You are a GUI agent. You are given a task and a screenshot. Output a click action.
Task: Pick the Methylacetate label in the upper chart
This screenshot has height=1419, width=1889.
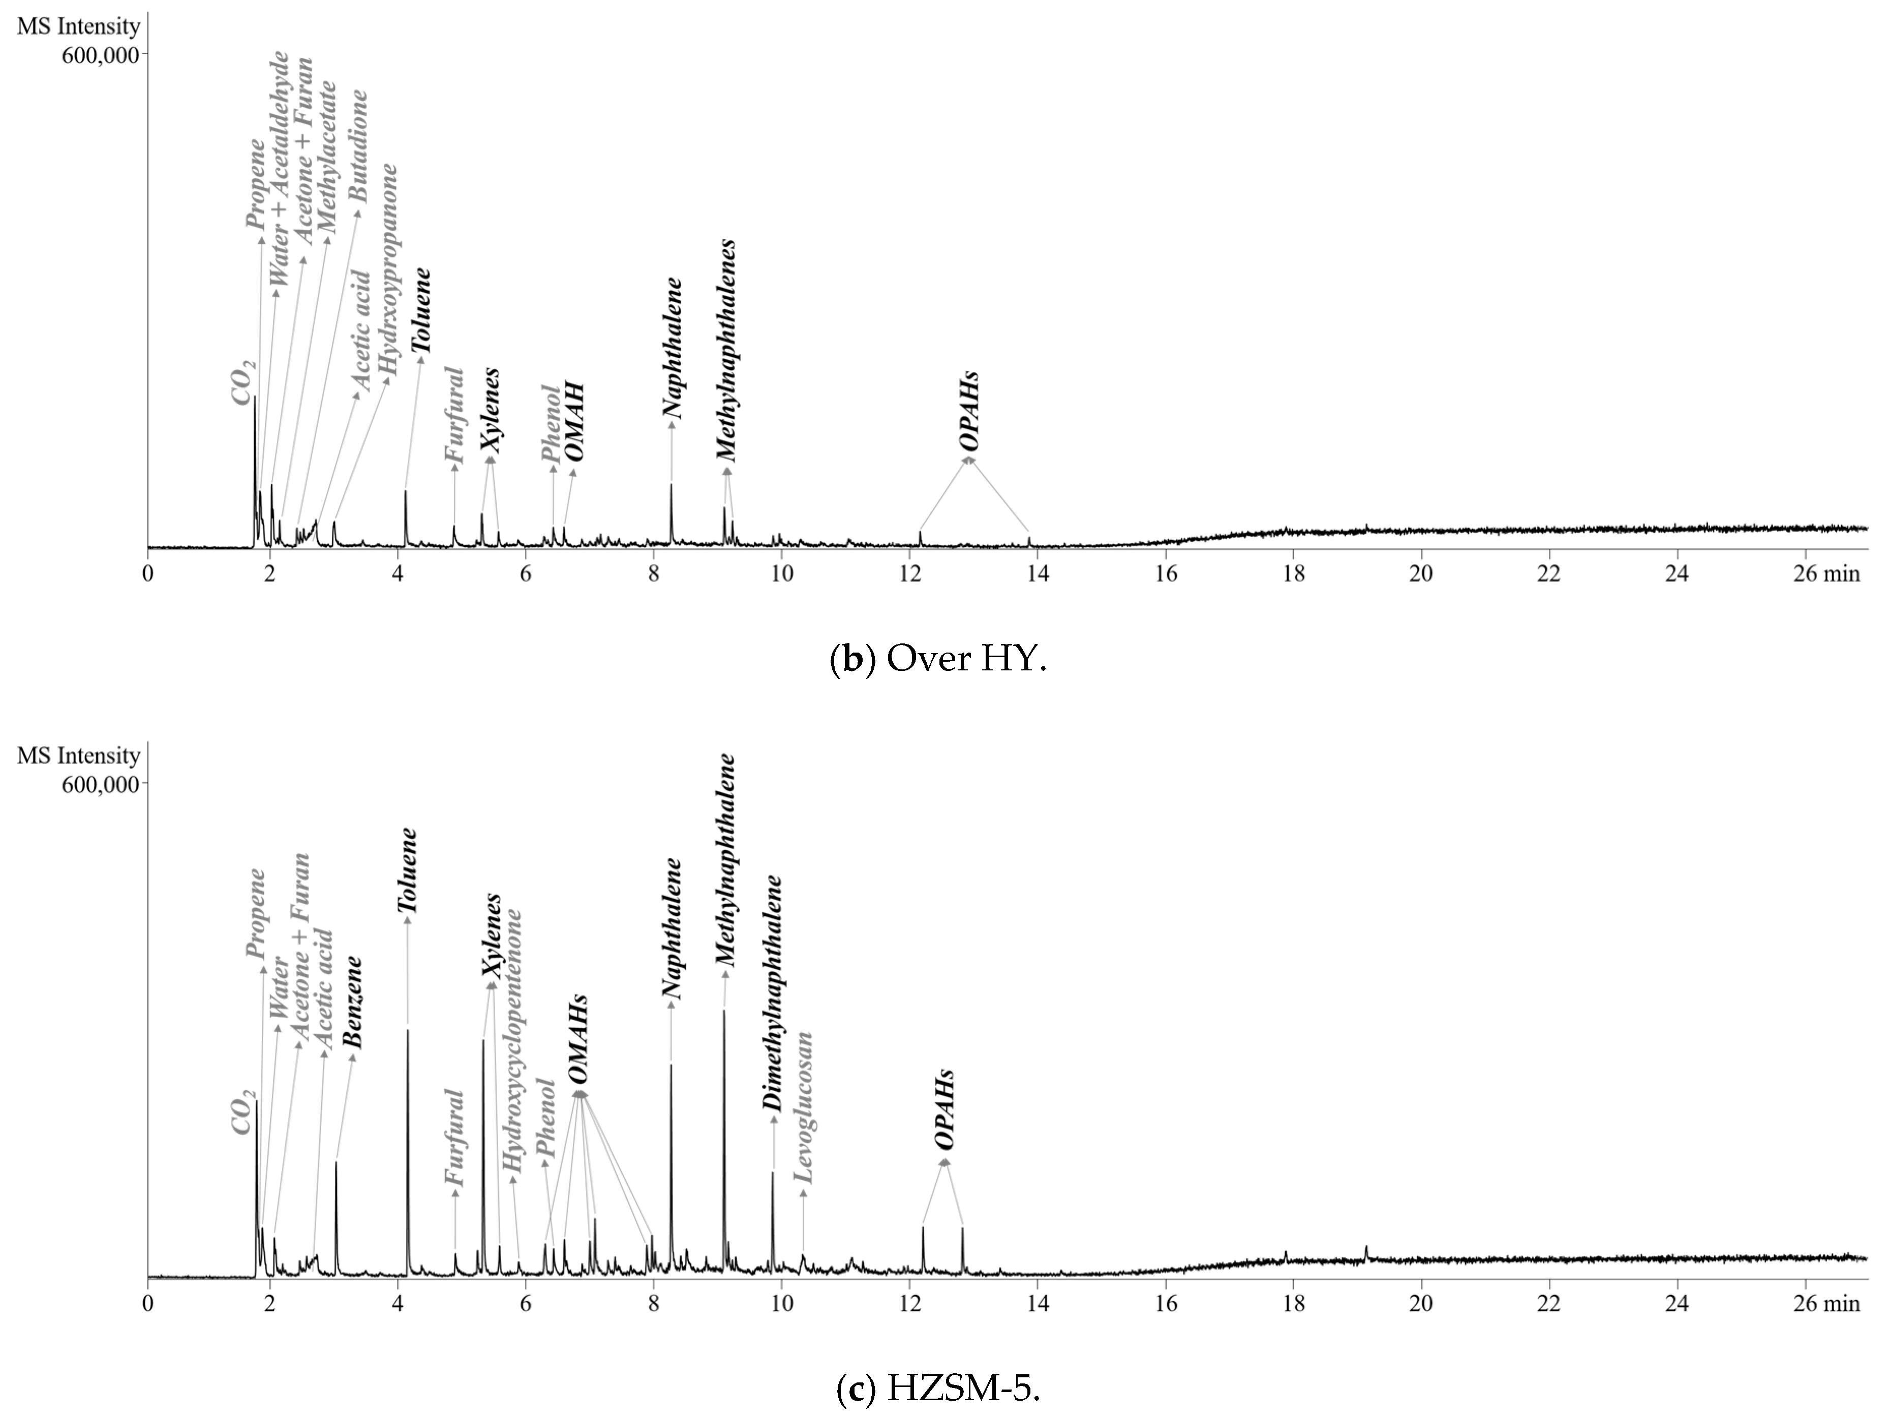pos(326,158)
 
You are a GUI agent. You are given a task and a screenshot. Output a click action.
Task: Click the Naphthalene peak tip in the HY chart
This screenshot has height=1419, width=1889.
pos(671,484)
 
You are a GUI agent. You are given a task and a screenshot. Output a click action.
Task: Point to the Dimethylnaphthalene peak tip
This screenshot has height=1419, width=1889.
pos(773,1173)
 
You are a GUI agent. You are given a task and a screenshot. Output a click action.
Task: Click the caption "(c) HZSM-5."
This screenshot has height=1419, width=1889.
pos(938,1389)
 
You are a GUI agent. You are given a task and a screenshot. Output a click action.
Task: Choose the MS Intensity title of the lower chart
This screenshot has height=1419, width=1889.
pos(79,756)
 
